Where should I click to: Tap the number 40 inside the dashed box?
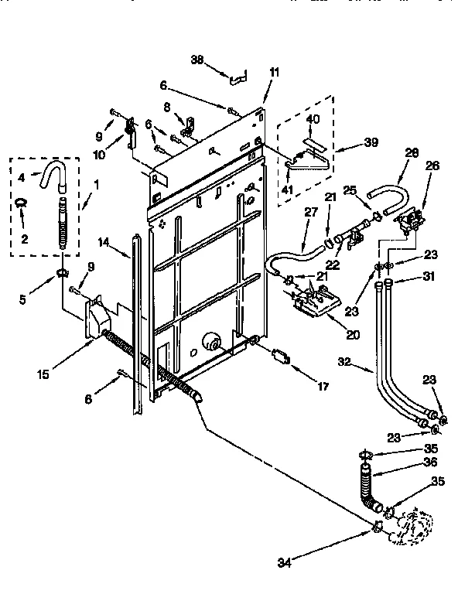[313, 118]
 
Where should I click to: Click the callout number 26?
[432, 165]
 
